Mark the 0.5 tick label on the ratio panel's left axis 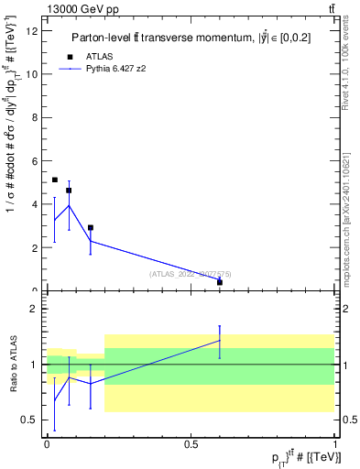point(29,420)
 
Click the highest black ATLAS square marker point(55,180)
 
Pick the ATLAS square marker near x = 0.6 point(220,282)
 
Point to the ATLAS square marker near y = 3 point(90,227)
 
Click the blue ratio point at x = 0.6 point(220,341)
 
